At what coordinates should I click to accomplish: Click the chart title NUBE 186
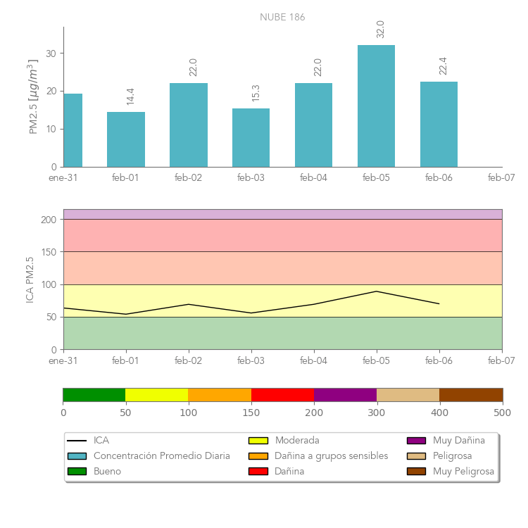click(x=282, y=17)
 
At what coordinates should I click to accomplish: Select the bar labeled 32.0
click(x=376, y=106)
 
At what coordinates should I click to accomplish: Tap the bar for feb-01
click(x=126, y=139)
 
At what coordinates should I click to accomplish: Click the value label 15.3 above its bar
click(x=255, y=93)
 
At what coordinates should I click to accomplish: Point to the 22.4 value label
click(x=443, y=65)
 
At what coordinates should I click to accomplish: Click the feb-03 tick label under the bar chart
click(x=251, y=178)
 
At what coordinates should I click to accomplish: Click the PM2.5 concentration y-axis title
click(x=34, y=97)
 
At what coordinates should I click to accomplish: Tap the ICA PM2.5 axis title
click(x=30, y=279)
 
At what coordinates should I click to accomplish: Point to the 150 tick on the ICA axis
click(x=48, y=252)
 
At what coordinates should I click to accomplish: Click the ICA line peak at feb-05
click(x=377, y=291)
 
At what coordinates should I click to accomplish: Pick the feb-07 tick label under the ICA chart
click(x=501, y=360)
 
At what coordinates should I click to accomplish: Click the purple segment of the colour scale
click(x=345, y=394)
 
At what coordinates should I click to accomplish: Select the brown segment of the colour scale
click(x=471, y=394)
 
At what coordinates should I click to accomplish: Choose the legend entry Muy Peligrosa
click(x=463, y=472)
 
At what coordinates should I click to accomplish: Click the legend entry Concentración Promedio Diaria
click(x=161, y=456)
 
